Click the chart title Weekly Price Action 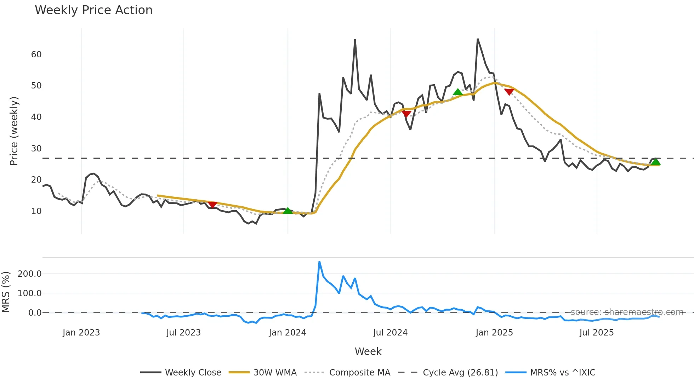[93, 10]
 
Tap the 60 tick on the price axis [36, 55]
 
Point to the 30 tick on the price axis [36, 149]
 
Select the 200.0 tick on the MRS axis [30, 274]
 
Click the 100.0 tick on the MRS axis [30, 293]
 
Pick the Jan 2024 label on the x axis [287, 333]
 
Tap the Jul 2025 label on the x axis [596, 333]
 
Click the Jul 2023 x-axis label [183, 333]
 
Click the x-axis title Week [368, 351]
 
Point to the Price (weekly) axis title [14, 131]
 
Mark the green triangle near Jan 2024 [288, 211]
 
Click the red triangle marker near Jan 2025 [509, 92]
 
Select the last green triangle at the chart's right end [656, 162]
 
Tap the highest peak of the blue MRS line [319, 262]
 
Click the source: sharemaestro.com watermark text [627, 312]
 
